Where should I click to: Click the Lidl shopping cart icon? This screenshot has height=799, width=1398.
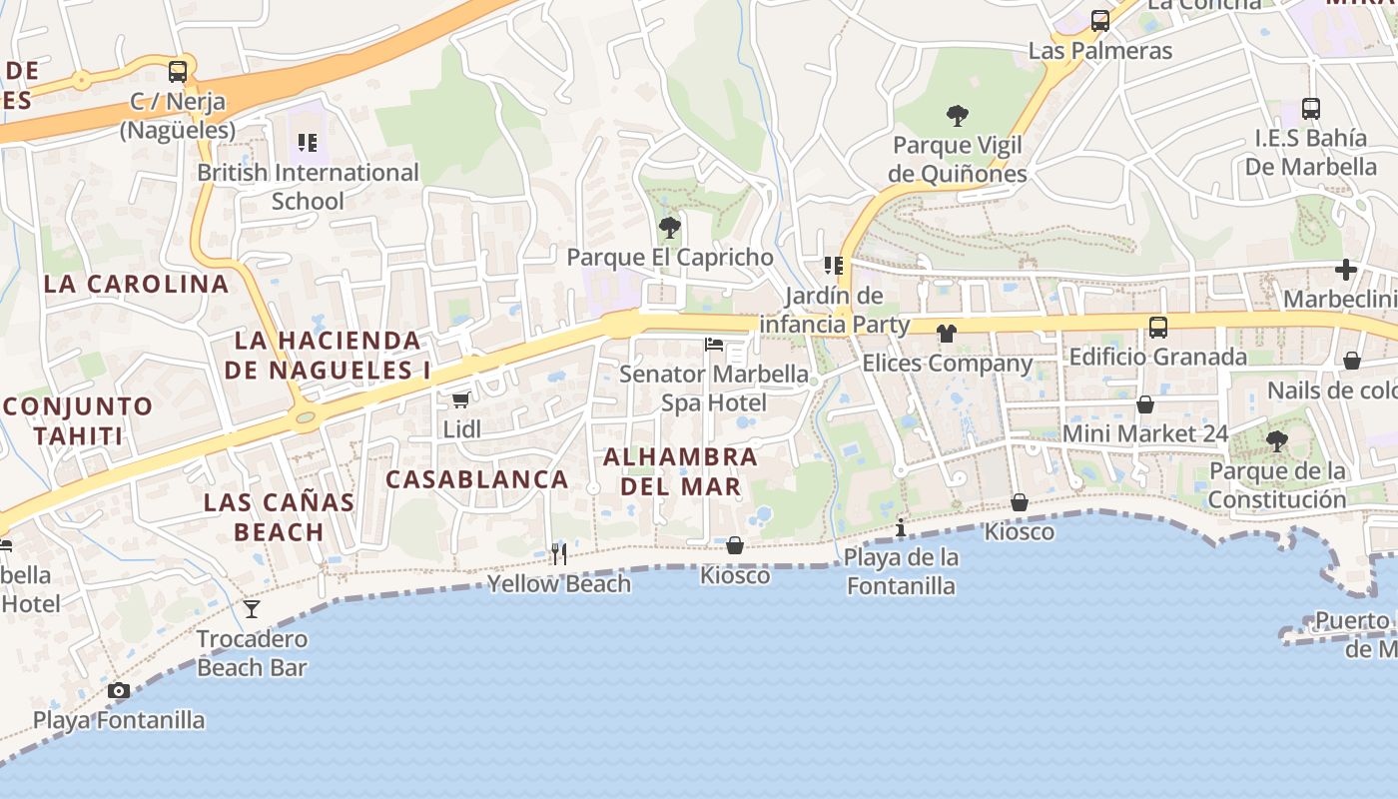pyautogui.click(x=460, y=400)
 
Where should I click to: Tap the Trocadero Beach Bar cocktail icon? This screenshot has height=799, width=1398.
pyautogui.click(x=252, y=608)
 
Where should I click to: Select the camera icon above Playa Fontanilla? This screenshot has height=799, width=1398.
pyautogui.click(x=119, y=690)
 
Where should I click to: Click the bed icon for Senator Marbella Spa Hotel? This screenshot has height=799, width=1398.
pyautogui.click(x=714, y=345)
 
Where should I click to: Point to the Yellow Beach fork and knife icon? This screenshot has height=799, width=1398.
pyautogui.click(x=559, y=553)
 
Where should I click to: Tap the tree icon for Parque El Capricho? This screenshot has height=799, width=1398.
pyautogui.click(x=670, y=228)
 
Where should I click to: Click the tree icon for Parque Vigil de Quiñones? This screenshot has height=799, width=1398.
pyautogui.click(x=958, y=116)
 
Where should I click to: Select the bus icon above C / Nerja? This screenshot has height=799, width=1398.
pyautogui.click(x=178, y=72)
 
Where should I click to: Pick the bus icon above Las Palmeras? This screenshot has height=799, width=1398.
pyautogui.click(x=1100, y=21)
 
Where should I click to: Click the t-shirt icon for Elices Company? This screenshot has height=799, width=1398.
pyautogui.click(x=947, y=334)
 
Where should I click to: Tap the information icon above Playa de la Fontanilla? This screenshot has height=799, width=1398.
pyautogui.click(x=901, y=526)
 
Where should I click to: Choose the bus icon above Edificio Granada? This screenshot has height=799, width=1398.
pyautogui.click(x=1158, y=327)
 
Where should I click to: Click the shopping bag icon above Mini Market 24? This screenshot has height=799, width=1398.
pyautogui.click(x=1145, y=404)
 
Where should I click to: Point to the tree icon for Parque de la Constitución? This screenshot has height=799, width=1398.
pyautogui.click(x=1277, y=440)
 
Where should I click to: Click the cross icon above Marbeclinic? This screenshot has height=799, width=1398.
pyautogui.click(x=1346, y=270)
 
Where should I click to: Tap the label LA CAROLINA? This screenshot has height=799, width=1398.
pyautogui.click(x=137, y=284)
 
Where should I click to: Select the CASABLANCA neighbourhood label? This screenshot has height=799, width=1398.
pyautogui.click(x=477, y=479)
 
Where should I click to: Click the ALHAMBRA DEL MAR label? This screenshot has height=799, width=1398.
pyautogui.click(x=681, y=471)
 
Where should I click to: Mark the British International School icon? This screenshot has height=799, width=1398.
pyautogui.click(x=308, y=143)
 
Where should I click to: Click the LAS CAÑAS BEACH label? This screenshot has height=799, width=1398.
pyautogui.click(x=280, y=516)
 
